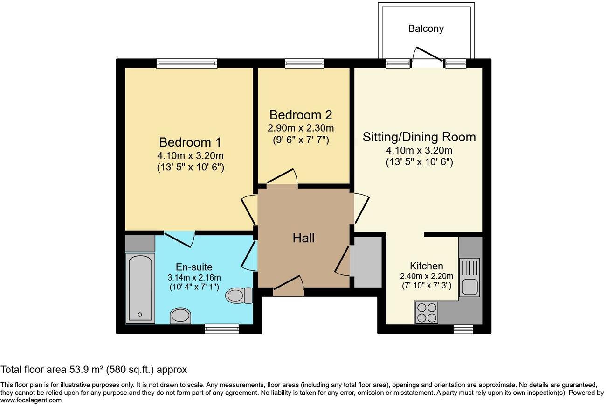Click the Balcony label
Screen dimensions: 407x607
click(426, 28)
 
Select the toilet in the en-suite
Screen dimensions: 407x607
click(239, 295)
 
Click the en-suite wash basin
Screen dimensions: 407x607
click(180, 316)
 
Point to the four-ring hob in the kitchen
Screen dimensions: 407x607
click(427, 313)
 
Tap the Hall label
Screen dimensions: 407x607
click(303, 238)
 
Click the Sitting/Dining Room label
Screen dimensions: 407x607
click(419, 137)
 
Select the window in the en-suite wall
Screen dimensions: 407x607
click(221, 329)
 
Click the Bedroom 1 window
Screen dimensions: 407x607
click(186, 63)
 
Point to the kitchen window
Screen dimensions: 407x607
click(462, 329)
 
